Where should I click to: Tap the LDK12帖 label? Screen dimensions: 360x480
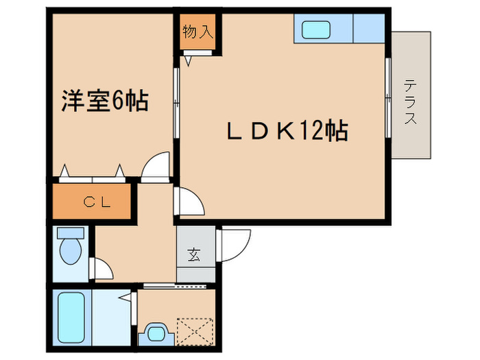287,130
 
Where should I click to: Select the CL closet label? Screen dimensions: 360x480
91,202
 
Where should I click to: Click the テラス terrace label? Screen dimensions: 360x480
411,102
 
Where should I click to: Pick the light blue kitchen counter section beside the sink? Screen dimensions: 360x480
368,29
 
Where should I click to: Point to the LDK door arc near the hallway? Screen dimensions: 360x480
188,201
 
